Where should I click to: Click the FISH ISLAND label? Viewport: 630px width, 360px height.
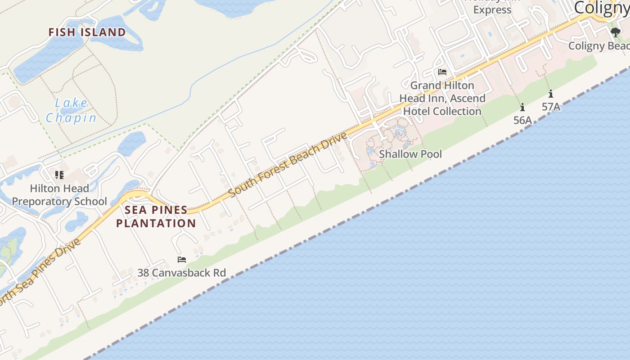coord(87,32)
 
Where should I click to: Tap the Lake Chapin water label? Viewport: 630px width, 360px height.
coord(71,111)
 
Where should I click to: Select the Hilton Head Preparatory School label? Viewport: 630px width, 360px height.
coord(59,194)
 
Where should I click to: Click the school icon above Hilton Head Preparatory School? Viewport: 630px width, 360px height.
coord(59,175)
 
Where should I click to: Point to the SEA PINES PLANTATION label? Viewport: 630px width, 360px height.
coord(156,216)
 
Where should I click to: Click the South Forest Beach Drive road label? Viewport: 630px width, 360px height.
coord(288,164)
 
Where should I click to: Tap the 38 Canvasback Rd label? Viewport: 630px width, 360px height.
coord(181,273)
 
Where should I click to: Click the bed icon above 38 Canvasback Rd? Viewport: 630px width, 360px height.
coord(182,260)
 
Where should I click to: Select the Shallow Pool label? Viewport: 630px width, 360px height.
coord(410,154)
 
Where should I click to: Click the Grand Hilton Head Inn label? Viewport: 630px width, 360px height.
coord(442,98)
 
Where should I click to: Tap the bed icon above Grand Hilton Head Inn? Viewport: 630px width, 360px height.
coord(442,72)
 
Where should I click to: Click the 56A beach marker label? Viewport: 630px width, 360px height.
coord(522,120)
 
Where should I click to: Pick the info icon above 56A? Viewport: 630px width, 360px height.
coord(522,108)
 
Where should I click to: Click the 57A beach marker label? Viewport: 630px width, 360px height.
coord(551,107)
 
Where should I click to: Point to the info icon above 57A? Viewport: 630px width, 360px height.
coord(551,94)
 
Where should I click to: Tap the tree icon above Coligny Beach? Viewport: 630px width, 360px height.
coord(616,32)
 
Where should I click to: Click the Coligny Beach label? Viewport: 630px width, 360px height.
coord(598,46)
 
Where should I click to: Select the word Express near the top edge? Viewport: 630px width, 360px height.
coord(492,10)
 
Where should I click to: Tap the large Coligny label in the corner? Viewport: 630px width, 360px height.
coord(602,8)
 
